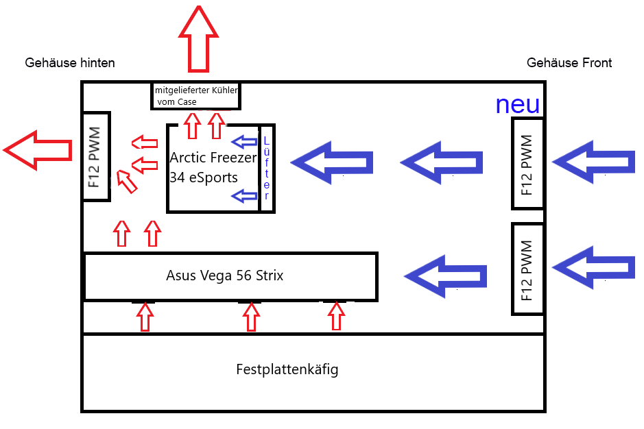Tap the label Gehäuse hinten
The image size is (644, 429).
tap(70, 63)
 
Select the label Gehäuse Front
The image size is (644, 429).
tap(569, 63)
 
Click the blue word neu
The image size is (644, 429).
tap(517, 105)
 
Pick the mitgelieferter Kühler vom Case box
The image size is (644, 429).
tap(195, 96)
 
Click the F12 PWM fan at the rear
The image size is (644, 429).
tap(95, 156)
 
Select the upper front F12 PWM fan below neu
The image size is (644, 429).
tap(527, 164)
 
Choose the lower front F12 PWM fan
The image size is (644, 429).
tap(527, 269)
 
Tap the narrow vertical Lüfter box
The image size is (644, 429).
tap(267, 169)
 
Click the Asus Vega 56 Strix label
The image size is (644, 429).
tap(224, 276)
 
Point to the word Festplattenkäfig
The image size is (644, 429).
tap(287, 370)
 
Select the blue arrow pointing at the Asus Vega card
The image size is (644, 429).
tap(446, 276)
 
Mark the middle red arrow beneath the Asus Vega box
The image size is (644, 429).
tap(252, 317)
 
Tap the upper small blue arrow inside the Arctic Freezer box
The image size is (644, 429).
tap(245, 142)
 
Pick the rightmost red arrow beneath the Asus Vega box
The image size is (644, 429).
tap(335, 317)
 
